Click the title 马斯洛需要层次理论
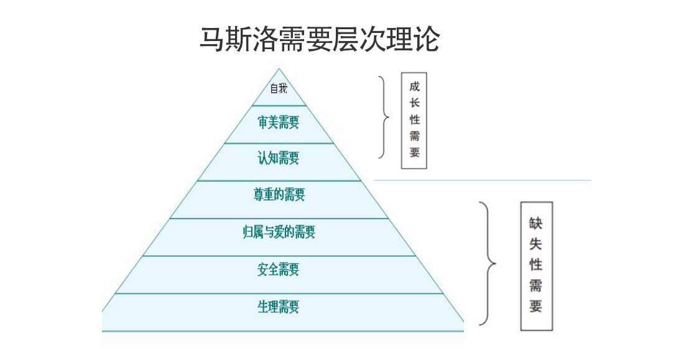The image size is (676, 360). point(319,39)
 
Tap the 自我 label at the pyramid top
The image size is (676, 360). point(279,89)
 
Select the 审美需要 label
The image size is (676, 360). point(279,122)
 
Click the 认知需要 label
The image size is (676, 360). point(279,159)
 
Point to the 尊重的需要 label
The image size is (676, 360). point(279,195)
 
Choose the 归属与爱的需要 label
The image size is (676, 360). point(279,233)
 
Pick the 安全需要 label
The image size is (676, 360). point(279,270)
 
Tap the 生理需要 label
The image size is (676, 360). point(279,307)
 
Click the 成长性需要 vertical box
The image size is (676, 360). point(414,121)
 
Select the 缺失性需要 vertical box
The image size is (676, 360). point(536,265)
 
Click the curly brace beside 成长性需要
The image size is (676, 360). point(384,117)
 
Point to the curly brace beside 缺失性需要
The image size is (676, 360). point(489,264)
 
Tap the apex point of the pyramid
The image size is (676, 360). point(279,69)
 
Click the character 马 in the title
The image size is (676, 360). point(211,39)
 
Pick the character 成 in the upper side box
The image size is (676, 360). point(414,87)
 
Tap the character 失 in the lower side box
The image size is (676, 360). point(536,244)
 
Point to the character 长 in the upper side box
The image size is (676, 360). point(414,103)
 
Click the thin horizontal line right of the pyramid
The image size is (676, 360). point(482,180)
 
